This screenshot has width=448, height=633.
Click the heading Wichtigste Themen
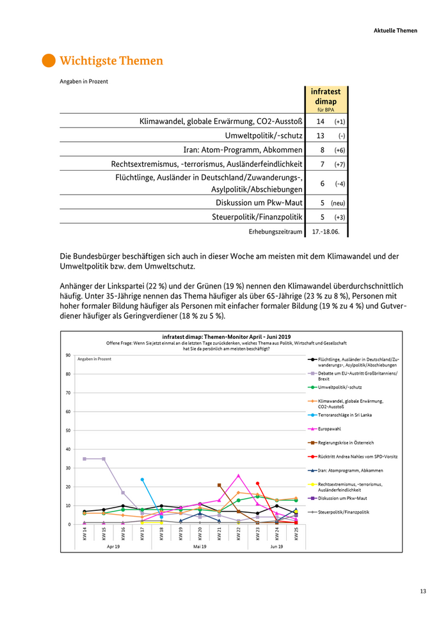[x=111, y=61]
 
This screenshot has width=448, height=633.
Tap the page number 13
[x=423, y=591]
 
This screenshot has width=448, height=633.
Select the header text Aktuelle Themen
[x=396, y=30]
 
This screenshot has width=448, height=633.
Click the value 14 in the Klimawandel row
[x=320, y=121]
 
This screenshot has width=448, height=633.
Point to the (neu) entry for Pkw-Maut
[x=340, y=202]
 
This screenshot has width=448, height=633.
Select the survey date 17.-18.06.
[x=326, y=231]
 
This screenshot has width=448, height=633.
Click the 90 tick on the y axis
[x=68, y=356]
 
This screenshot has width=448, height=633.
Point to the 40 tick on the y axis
[x=68, y=449]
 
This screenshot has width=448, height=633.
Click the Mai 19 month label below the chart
[x=199, y=547]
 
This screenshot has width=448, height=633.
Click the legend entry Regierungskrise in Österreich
[x=346, y=442]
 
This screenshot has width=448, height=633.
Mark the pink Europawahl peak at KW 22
[x=238, y=475]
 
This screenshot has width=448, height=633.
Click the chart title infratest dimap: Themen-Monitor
[x=227, y=336]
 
